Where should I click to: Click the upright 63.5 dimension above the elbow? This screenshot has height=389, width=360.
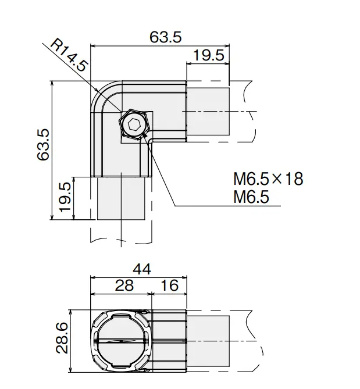166,37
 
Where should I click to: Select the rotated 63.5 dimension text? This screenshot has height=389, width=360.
43,144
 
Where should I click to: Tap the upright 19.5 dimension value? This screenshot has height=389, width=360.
208,55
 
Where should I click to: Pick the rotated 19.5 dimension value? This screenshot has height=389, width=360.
66,197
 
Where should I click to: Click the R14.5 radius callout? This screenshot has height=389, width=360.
69,56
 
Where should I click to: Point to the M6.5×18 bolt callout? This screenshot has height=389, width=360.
268,179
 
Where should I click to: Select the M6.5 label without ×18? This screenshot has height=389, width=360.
251,197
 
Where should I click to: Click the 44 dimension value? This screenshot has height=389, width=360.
142,269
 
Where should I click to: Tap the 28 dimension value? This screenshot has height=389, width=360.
124,285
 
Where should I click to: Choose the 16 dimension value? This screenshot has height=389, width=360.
170,285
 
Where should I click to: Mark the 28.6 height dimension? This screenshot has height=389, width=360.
62,338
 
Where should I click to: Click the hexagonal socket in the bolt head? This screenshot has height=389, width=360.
134,123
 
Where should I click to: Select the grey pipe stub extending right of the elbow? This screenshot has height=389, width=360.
208,112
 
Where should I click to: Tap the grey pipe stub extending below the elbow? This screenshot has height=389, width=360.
121,198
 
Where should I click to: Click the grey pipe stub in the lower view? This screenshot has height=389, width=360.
208,341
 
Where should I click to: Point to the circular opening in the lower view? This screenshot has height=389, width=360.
121,341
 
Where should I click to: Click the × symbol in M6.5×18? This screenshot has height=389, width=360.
277,179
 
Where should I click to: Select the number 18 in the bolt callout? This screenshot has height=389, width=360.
294,179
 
